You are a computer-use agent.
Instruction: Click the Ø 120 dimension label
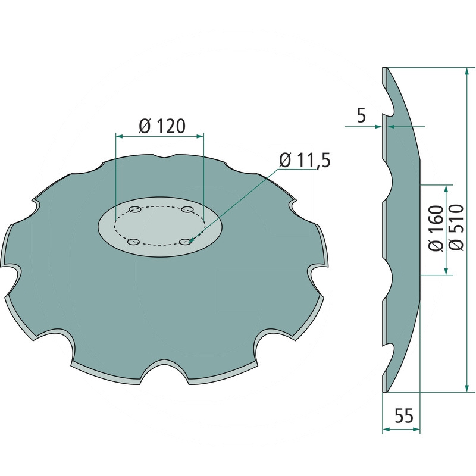[162, 126]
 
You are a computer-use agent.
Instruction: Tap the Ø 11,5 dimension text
[305, 160]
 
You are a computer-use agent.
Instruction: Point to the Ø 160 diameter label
[436, 228]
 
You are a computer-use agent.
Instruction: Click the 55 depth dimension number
[404, 415]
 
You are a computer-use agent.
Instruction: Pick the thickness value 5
[361, 115]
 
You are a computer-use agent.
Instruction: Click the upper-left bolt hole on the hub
[134, 209]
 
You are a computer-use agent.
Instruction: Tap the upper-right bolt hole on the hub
[187, 209]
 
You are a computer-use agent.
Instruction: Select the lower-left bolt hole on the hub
[133, 242]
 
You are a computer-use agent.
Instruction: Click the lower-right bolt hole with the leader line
[186, 242]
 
